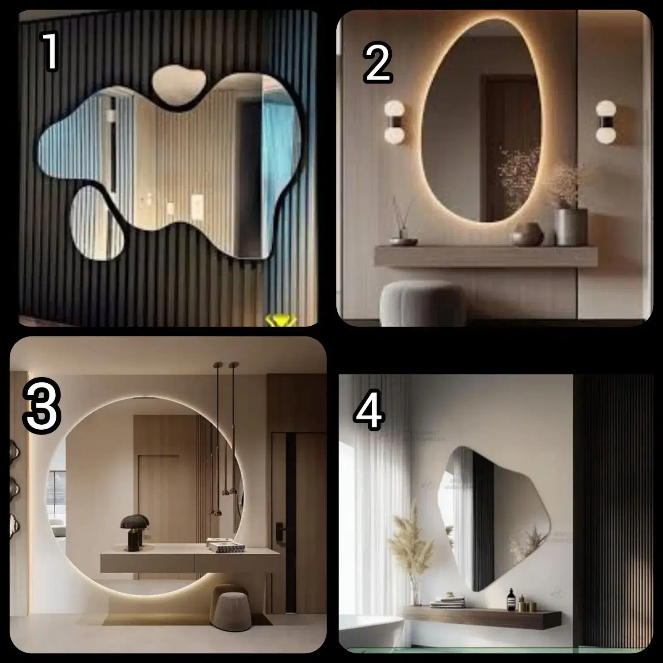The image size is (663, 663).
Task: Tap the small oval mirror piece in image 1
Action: (x=98, y=223)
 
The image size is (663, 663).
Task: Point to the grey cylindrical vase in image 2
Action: (x=571, y=227)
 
